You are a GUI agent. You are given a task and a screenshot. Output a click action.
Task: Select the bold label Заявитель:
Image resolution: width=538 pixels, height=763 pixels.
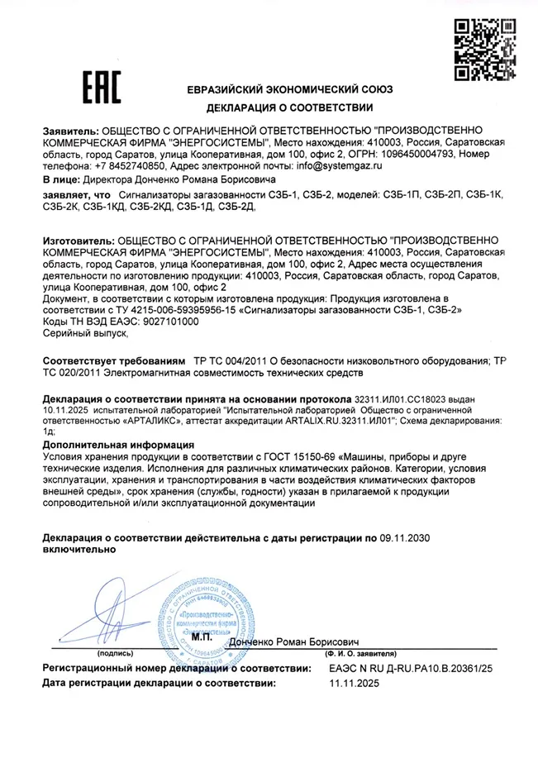click(x=69, y=131)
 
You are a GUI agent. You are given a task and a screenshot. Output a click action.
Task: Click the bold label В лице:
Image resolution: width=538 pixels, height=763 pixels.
click(x=61, y=178)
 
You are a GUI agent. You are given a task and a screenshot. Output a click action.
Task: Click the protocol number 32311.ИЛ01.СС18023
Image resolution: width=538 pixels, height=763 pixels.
click(x=405, y=400)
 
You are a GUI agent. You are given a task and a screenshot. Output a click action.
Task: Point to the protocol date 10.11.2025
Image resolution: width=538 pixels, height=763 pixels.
click(x=65, y=411)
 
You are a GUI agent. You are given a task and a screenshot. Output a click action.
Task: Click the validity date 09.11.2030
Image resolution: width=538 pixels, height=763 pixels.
click(x=406, y=538)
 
